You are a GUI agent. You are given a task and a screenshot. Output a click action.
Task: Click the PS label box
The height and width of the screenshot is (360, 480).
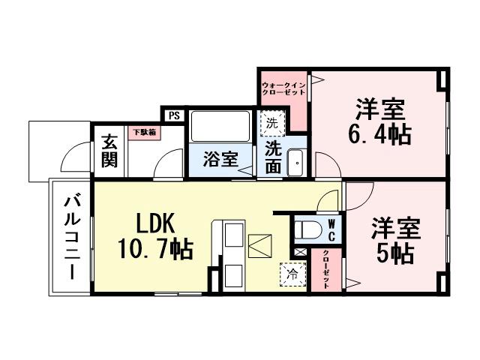click(173, 115)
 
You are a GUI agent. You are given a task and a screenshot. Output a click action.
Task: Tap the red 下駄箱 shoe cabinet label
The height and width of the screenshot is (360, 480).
click(144, 132)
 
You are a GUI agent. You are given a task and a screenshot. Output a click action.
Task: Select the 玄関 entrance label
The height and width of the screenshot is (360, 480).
click(109, 151)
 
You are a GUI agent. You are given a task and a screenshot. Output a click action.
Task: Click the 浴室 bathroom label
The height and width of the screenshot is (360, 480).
click(221, 160)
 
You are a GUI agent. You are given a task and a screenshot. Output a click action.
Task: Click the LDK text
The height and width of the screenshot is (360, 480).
click(154, 223)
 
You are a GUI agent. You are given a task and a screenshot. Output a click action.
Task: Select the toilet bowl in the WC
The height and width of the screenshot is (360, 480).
click(304, 229)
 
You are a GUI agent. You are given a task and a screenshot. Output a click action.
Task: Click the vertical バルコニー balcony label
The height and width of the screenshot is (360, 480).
click(72, 235)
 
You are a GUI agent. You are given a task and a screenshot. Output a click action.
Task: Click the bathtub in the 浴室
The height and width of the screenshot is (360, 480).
click(220, 127)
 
